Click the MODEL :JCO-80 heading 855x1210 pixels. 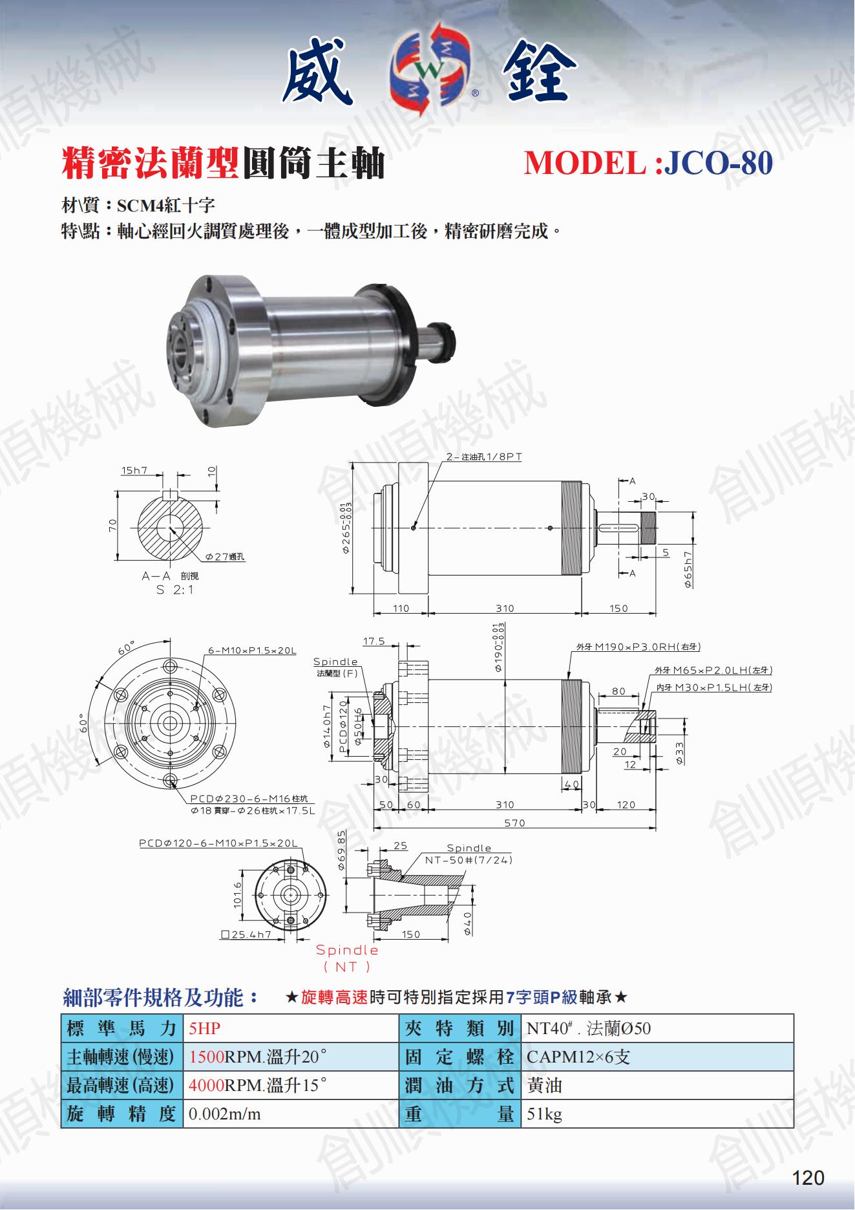tap(648, 163)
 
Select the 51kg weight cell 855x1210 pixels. tap(544, 1114)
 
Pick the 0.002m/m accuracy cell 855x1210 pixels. tap(224, 1114)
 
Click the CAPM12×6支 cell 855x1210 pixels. tap(578, 1057)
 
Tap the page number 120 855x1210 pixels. tap(808, 1178)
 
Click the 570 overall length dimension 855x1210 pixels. tap(514, 823)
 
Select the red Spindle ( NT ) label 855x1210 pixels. tap(347, 958)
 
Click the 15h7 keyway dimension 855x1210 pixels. tap(134, 470)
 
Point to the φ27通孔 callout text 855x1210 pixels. tap(225, 557)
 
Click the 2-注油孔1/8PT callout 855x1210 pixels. tap(484, 457)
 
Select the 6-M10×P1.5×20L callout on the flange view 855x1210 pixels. tap(252, 650)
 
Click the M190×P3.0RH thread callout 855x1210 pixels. tap(638, 647)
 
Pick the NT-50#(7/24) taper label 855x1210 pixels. tap(469, 860)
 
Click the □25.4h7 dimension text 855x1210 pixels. tap(246, 935)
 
